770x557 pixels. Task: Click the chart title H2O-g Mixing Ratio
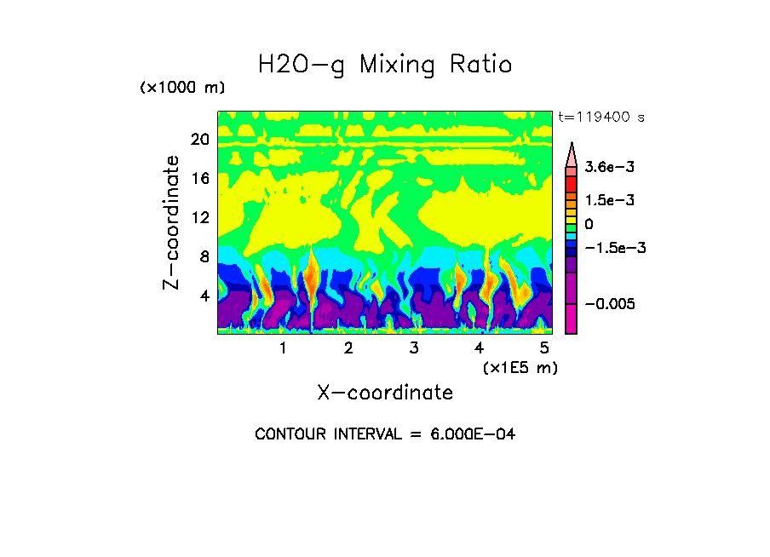point(385,65)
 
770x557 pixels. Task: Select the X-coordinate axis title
point(385,393)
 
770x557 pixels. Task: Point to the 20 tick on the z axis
point(200,140)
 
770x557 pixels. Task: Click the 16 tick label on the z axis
point(200,179)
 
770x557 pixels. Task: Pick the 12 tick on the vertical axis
point(200,218)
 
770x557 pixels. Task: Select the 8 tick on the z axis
point(204,257)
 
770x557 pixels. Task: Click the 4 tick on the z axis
point(204,296)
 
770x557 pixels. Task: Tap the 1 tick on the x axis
point(283,348)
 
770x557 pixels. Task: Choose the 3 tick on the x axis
point(414,348)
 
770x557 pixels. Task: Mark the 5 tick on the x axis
point(544,348)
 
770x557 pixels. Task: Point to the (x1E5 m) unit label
point(520,367)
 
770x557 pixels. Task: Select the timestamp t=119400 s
point(600,117)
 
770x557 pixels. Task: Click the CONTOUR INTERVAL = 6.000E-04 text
point(385,434)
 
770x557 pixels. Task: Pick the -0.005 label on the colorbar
point(611,304)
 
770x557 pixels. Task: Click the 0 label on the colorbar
point(589,224)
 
